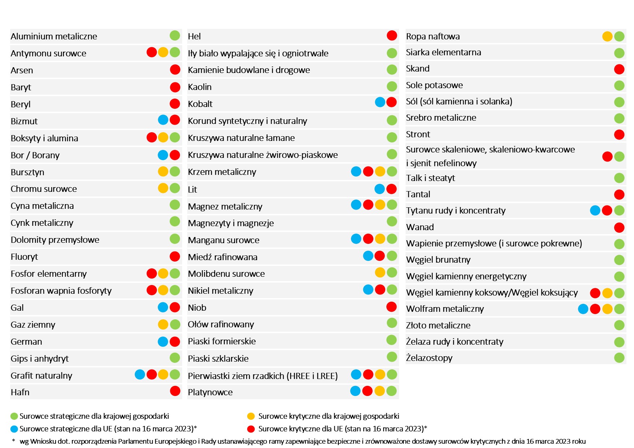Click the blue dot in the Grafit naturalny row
tap(140, 375)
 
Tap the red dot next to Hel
tap(392, 35)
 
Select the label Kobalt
tap(200, 104)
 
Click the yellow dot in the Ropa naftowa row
tap(607, 36)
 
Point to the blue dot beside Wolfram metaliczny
tap(583, 309)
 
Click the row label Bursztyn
tap(27, 172)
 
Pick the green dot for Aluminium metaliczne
tap(175, 35)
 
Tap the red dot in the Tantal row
tap(619, 194)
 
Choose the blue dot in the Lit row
tap(380, 189)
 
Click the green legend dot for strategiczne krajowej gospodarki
tap(14, 416)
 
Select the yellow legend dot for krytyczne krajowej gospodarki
tap(251, 416)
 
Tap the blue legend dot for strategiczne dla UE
tap(14, 429)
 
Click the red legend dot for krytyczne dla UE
tap(251, 429)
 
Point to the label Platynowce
tap(210, 392)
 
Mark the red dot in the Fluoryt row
tap(175, 257)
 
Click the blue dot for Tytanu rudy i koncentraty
tap(595, 210)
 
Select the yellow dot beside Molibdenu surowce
tap(380, 272)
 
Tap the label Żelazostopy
tap(429, 358)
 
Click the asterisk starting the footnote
tap(14, 441)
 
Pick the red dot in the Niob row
tap(391, 307)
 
